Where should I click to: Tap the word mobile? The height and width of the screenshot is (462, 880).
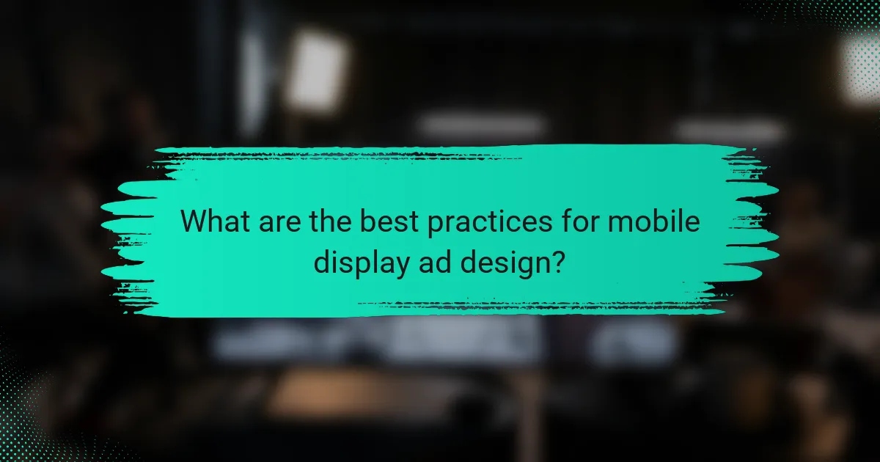coord(655,220)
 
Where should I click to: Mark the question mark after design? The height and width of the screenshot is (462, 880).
coord(557,260)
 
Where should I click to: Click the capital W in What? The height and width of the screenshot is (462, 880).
coord(194,220)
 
